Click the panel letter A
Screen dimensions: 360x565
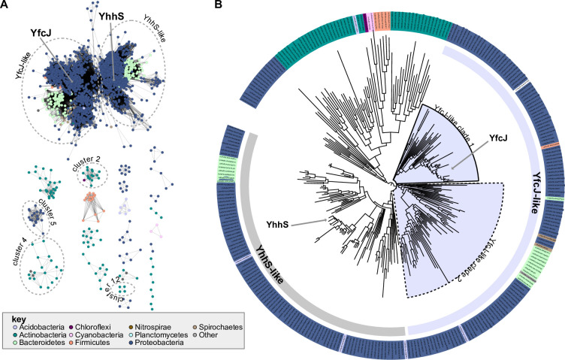click(x=7, y=7)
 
